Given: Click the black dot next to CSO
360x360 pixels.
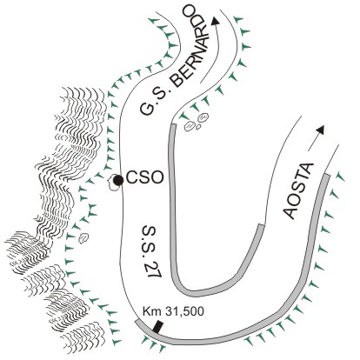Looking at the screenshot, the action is coord(118,180).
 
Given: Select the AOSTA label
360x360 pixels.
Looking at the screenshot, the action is coord(298,191).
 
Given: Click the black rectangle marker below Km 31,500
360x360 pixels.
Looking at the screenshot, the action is coord(157,327).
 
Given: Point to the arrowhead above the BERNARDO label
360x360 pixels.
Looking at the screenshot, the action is coord(215,21).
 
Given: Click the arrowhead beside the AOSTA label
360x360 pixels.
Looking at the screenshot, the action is coord(320,130).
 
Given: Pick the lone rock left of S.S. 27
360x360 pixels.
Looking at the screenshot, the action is coord(83,237).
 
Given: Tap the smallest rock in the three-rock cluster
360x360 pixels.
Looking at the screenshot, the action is coord(198,127).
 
